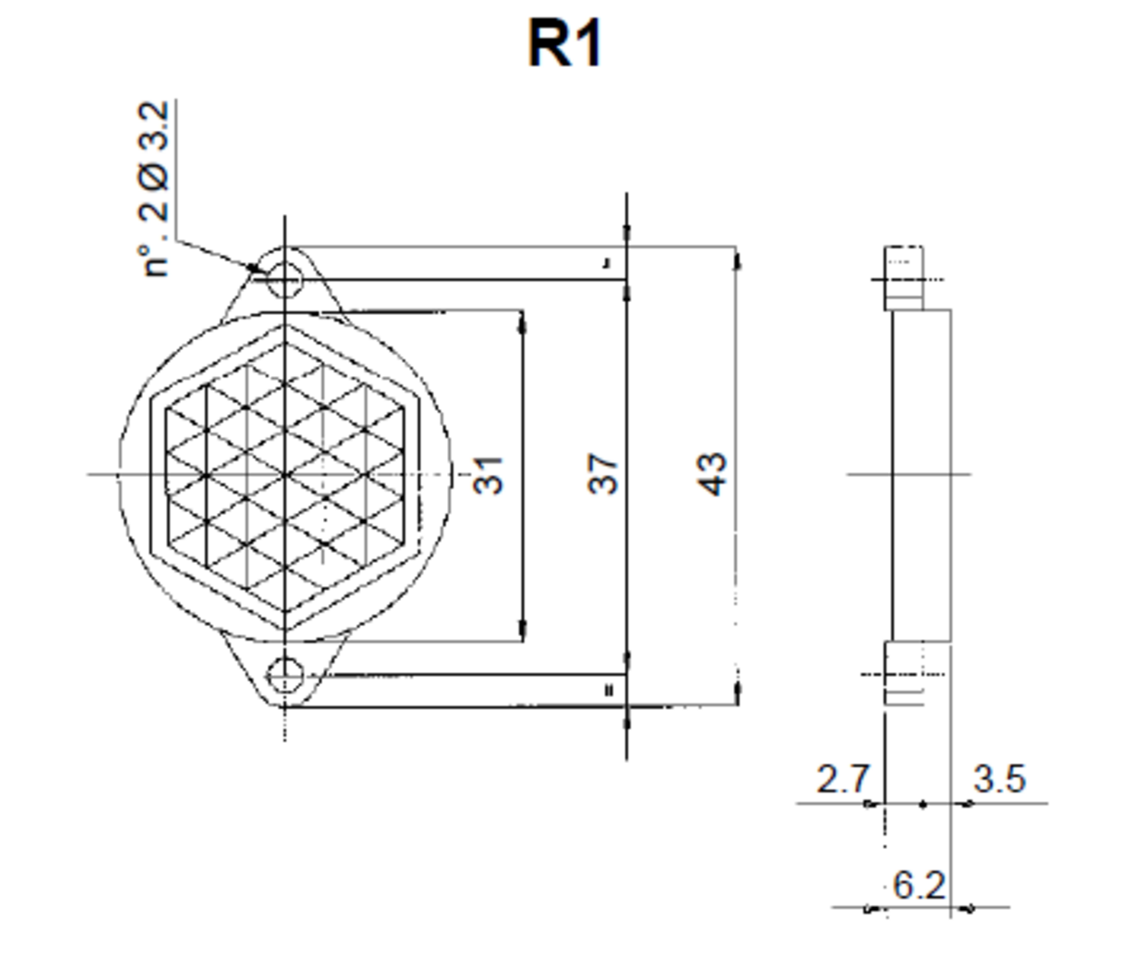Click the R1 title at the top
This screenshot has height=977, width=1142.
click(x=565, y=44)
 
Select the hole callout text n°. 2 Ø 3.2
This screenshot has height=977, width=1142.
click(x=155, y=190)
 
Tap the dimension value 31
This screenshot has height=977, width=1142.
click(x=488, y=475)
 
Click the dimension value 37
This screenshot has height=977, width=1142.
click(x=603, y=474)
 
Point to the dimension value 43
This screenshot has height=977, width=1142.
click(x=713, y=474)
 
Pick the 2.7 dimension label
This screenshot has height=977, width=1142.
click(x=842, y=779)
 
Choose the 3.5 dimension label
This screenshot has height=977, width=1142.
click(x=1000, y=779)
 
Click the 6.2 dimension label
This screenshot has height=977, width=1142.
click(x=919, y=885)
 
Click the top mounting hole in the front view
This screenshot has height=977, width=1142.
click(x=285, y=279)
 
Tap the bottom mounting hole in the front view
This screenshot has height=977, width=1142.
click(x=285, y=675)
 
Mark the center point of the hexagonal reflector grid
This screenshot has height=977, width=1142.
click(x=285, y=475)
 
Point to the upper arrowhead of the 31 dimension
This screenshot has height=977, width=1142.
click(x=522, y=325)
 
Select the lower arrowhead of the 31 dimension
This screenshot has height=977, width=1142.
click(x=522, y=629)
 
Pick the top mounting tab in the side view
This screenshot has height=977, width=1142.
click(x=904, y=278)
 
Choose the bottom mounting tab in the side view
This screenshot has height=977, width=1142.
click(x=904, y=673)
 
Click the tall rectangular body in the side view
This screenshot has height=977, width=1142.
click(x=921, y=475)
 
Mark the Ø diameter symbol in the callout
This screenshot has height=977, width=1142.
click(x=155, y=177)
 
